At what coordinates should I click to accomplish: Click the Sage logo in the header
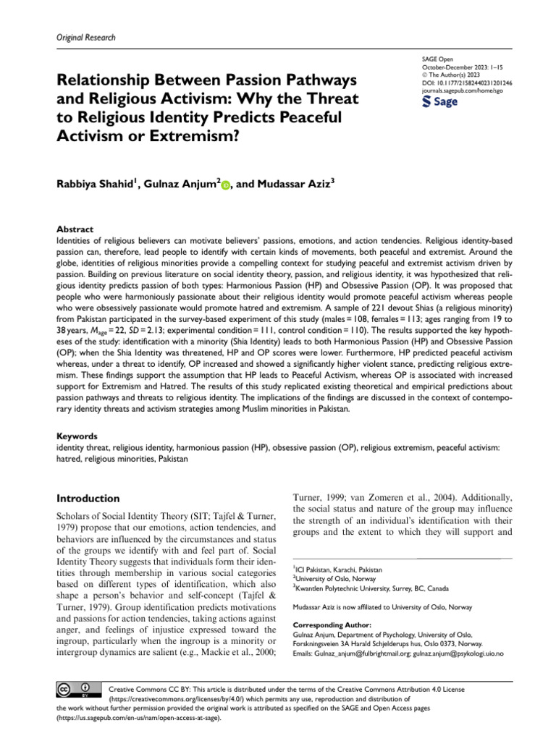(439, 102)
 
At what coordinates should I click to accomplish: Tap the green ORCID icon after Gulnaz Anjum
(225, 186)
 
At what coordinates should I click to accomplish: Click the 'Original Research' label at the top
(85, 38)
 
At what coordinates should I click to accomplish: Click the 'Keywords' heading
(77, 436)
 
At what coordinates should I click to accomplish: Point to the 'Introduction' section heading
(88, 499)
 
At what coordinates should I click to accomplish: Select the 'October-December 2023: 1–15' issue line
(457, 66)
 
